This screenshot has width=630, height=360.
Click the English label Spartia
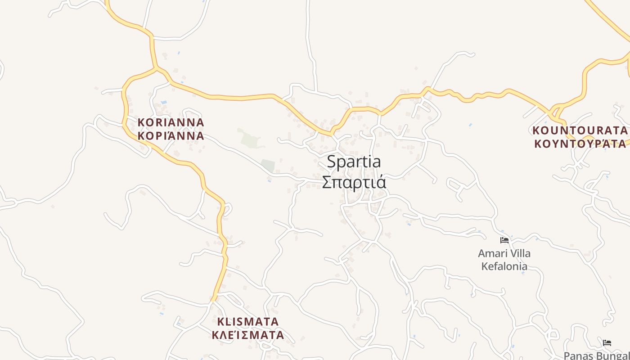click(354, 162)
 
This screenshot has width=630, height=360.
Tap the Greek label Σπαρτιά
click(354, 182)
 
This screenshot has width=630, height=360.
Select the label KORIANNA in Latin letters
click(171, 122)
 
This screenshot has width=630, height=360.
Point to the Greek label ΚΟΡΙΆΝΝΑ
click(171, 135)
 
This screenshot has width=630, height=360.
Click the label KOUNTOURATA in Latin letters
click(580, 130)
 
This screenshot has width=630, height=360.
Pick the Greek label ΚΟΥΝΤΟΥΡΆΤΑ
click(580, 144)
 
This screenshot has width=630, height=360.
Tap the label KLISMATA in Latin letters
click(248, 322)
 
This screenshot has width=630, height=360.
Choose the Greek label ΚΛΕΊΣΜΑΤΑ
click(248, 335)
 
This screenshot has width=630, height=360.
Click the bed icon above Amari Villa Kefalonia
click(504, 240)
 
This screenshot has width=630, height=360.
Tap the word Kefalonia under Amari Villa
click(504, 266)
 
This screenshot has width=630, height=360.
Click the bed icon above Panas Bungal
click(607, 343)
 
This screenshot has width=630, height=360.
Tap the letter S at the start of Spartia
click(331, 162)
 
